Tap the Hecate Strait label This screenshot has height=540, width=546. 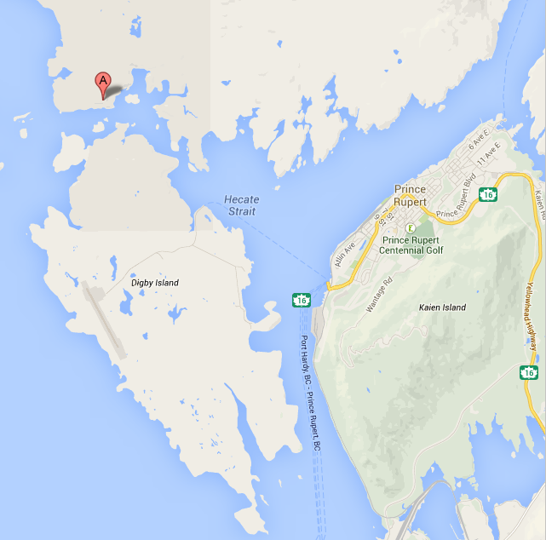(241, 205)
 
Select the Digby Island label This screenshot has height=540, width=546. (155, 282)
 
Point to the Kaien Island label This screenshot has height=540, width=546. (442, 307)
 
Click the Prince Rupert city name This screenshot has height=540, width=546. (415, 195)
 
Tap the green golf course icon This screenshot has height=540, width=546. (410, 228)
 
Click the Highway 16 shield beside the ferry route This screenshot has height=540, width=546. (301, 300)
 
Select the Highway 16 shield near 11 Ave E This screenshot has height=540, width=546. (487, 195)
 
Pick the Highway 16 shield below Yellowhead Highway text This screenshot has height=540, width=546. (529, 372)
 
